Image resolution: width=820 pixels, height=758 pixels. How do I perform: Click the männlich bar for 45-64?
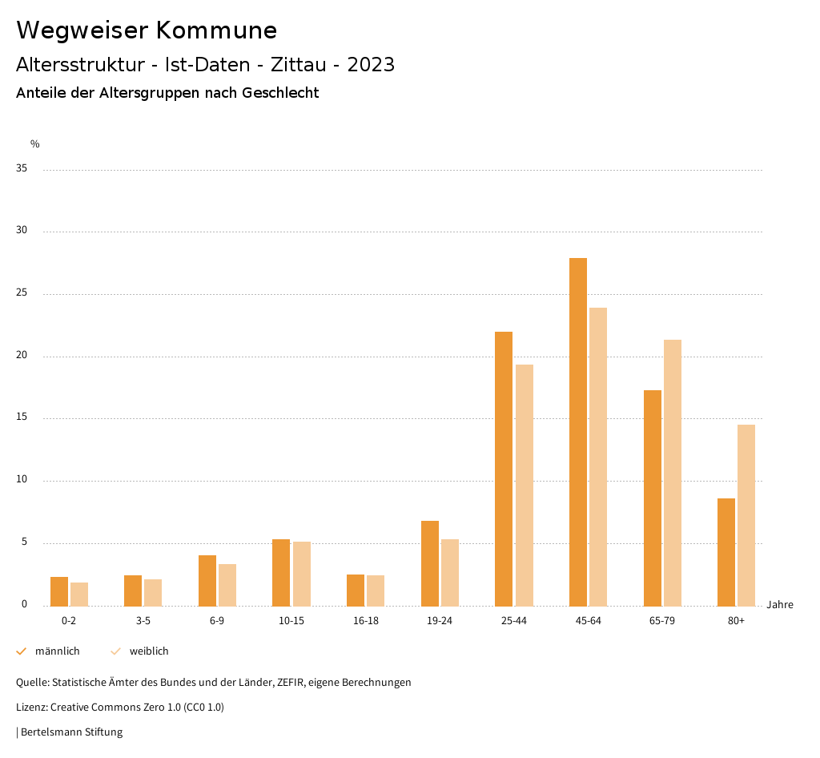pos(578,432)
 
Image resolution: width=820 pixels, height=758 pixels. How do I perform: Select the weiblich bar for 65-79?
pos(673,473)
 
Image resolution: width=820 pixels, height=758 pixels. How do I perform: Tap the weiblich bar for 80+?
pos(746,515)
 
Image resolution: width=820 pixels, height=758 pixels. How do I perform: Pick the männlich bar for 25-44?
pos(504,469)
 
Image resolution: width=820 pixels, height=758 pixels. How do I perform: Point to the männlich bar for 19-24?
pos(430,563)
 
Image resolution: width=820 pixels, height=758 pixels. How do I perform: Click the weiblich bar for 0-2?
pos(79,594)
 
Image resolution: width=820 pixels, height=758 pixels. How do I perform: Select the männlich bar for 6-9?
pos(207,580)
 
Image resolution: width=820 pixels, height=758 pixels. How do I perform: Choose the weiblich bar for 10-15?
pos(302,574)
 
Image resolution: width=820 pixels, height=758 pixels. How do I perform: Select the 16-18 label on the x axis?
pos(365,621)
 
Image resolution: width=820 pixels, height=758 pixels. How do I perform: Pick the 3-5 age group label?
pos(143,621)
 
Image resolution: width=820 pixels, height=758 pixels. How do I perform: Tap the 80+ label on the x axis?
pos(736,621)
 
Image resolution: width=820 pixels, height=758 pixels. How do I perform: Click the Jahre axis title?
pos(779,605)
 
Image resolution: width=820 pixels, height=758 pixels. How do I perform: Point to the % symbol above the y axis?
pos(34,144)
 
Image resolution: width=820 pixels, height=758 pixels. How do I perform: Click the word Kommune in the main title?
pos(216,30)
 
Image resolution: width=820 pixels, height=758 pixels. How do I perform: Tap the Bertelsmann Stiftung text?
pos(71,732)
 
